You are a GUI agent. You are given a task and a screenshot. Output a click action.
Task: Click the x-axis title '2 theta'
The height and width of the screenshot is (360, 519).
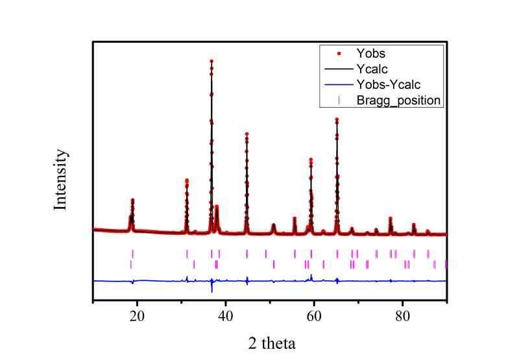coord(272,342)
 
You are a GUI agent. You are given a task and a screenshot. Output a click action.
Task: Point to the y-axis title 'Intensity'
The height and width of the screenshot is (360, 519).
coord(60,179)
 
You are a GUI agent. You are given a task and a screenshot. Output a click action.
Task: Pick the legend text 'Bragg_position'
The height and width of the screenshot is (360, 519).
coord(399,100)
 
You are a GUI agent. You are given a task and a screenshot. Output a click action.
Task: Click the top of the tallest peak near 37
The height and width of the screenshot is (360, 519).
coord(211,61)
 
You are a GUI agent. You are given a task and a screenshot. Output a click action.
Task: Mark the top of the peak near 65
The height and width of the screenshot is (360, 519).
coord(337,119)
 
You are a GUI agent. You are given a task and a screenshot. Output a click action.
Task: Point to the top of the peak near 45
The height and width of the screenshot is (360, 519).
coord(247,133)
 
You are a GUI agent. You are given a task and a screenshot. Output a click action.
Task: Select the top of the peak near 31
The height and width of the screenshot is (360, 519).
coord(187,180)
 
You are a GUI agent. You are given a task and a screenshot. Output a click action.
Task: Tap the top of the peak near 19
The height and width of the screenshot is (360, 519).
coord(132,200)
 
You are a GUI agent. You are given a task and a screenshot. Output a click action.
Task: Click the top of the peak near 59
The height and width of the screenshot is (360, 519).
coord(311,159)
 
